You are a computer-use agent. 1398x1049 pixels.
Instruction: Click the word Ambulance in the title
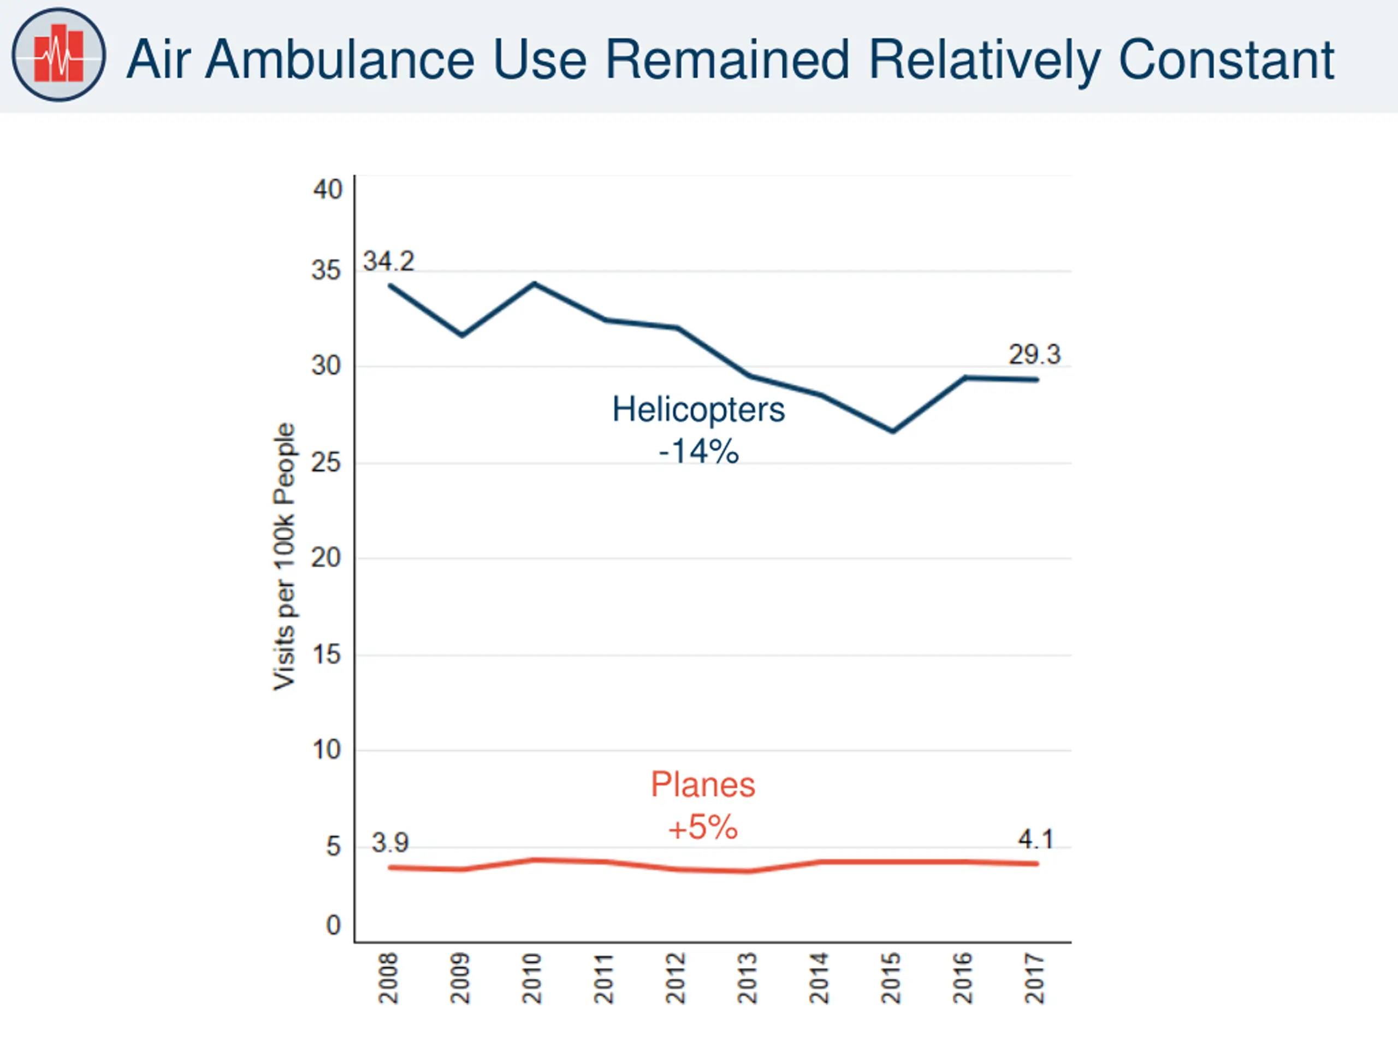[340, 60]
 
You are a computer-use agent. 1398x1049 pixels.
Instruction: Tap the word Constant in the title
[1226, 60]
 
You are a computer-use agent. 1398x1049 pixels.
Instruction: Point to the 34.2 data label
[388, 261]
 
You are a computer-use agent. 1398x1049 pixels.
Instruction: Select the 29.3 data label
[1034, 354]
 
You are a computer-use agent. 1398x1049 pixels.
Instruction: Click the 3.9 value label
[390, 842]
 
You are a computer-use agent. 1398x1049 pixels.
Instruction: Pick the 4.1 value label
[1035, 840]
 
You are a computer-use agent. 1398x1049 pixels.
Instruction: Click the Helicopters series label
[698, 409]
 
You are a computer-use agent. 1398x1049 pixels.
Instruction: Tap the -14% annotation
[698, 451]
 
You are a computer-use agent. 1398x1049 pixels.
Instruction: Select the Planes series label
[703, 785]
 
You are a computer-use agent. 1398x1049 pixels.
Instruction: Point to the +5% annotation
[703, 827]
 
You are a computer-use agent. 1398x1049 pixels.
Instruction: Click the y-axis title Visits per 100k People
[284, 556]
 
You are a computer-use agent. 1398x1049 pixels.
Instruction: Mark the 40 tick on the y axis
[327, 190]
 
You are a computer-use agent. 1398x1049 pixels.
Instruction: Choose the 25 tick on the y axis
[326, 462]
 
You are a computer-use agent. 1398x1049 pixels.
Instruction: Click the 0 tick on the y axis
[334, 925]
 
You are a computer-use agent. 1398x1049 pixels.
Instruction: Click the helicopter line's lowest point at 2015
[892, 431]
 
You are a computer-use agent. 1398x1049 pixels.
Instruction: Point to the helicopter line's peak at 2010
[535, 284]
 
